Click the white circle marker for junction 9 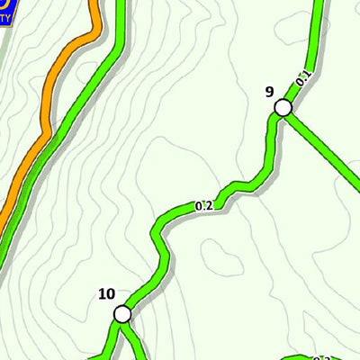283,108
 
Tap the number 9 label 269,91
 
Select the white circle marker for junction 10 121,314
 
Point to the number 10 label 106,293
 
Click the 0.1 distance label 303,80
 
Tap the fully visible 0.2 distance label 203,205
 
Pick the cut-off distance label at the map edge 324,356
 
